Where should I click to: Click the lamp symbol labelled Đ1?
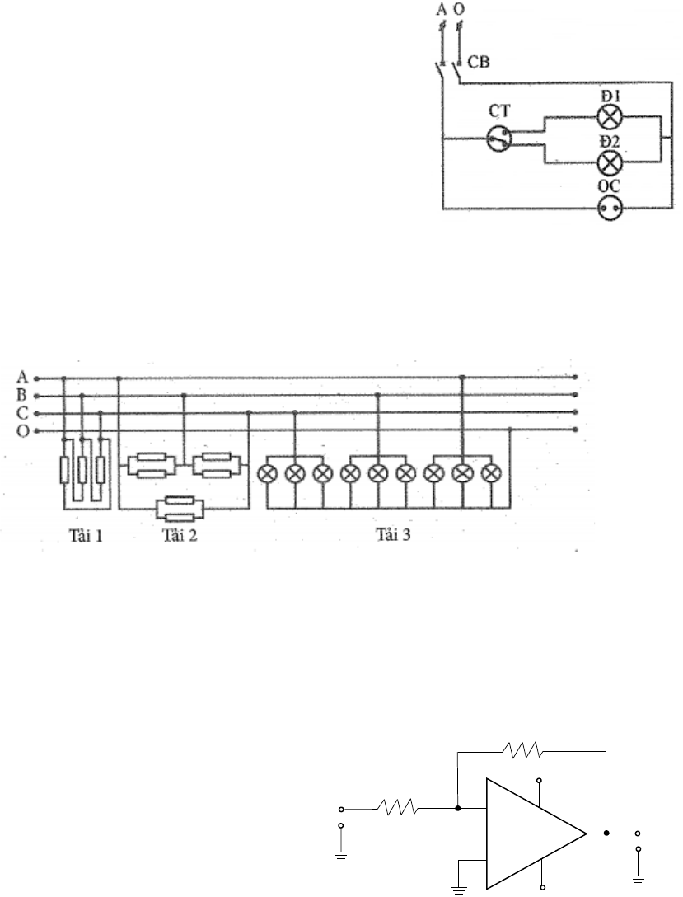609,116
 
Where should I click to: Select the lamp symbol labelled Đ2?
609,162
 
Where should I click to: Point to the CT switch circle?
498,139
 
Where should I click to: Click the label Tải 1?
86,536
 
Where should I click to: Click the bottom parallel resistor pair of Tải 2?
185,509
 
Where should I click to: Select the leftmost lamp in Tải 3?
268,474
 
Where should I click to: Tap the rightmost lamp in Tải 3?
491,474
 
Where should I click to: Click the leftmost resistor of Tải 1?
65,469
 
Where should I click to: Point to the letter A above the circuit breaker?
441,10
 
